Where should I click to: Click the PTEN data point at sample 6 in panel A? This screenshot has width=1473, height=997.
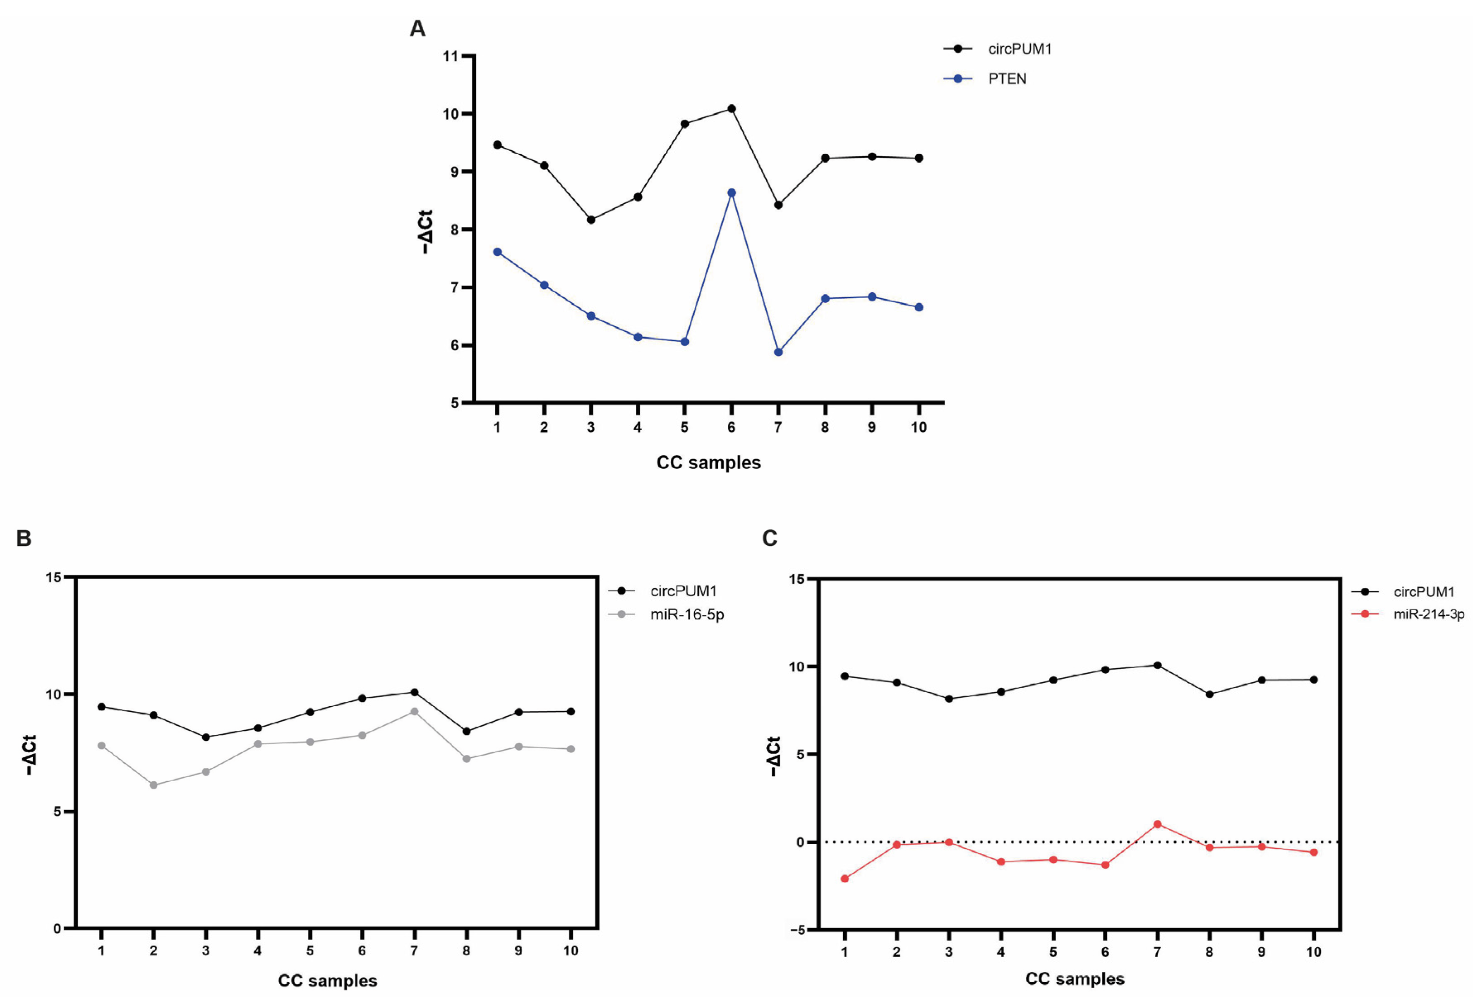[732, 193]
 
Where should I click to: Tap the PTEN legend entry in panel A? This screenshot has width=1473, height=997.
[1007, 79]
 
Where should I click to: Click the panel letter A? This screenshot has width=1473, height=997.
[417, 29]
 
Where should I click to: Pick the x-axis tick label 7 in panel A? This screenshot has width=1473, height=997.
[778, 427]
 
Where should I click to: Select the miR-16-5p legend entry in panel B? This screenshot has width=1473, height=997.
[686, 614]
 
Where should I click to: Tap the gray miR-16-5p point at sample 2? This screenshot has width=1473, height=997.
[154, 785]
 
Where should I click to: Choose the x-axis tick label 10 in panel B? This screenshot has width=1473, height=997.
[571, 951]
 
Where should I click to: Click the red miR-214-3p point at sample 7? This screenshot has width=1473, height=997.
[1157, 824]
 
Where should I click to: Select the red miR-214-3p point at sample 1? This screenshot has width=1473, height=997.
[844, 879]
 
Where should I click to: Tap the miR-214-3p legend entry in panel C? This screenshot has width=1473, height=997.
[1429, 614]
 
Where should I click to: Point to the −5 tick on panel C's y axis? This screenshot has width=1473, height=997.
[797, 930]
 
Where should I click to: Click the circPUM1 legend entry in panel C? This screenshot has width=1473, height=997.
[1424, 592]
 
